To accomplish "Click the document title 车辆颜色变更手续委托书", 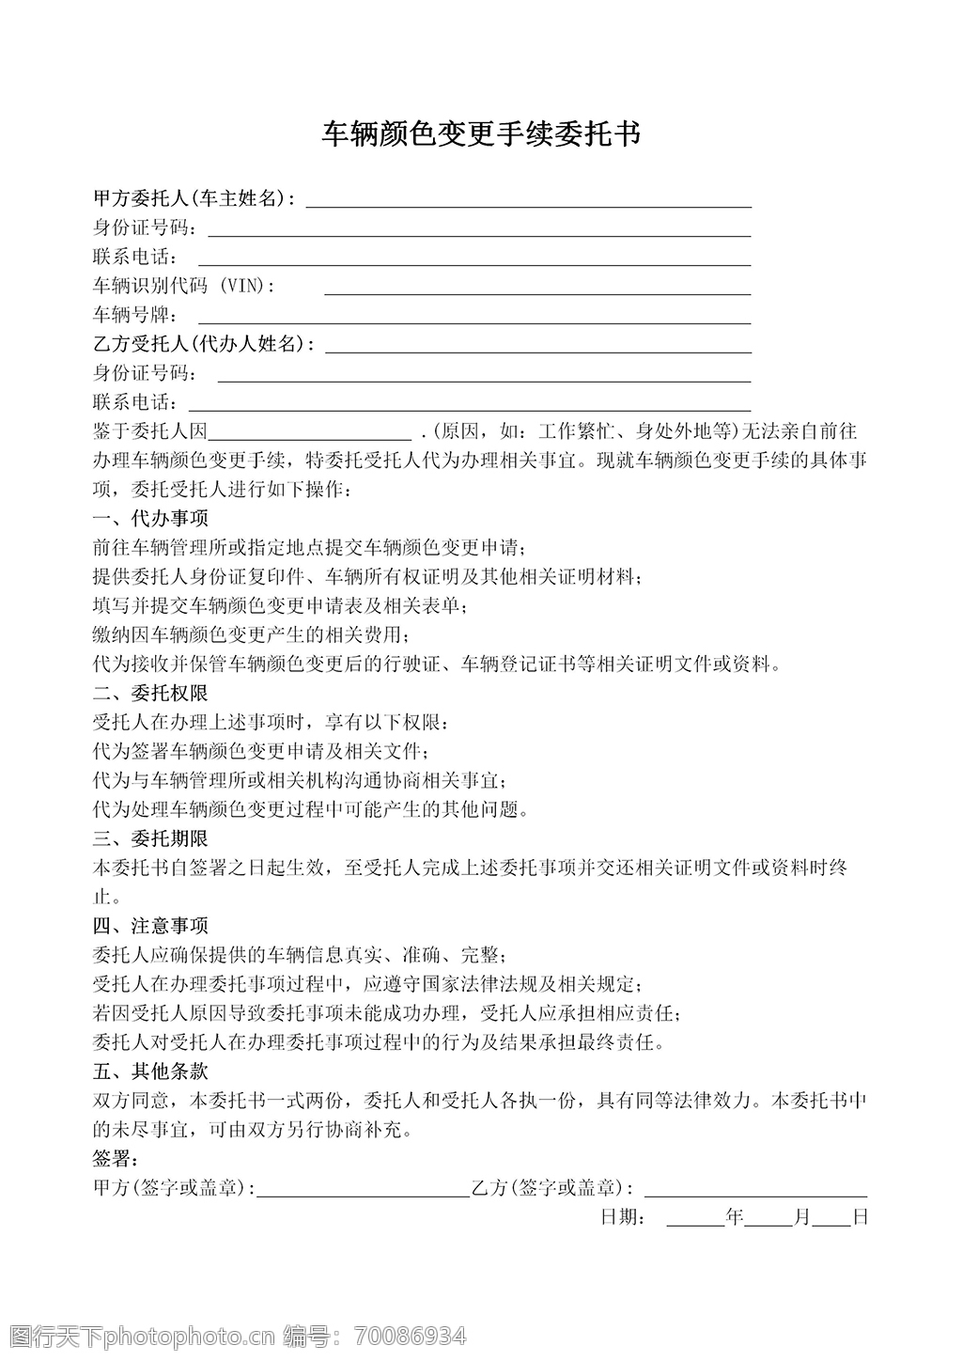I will point(481,134).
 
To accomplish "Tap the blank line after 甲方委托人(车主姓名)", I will point(528,201).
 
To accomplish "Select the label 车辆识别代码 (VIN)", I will point(185,286).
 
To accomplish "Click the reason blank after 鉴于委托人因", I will point(309,434).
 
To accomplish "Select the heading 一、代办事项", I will point(150,518).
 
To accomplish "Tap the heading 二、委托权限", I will point(150,694).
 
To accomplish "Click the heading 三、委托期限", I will point(150,838).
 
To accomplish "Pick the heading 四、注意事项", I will point(150,926).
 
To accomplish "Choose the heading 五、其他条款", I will point(150,1072).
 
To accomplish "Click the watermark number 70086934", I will point(409,1336).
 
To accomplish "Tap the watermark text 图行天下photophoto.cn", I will point(142,1336).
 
